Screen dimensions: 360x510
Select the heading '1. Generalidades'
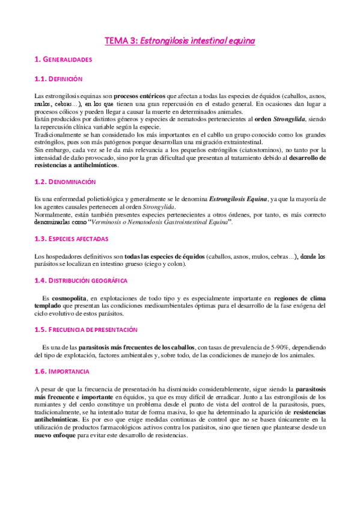coord(63,60)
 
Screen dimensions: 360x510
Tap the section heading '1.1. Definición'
coord(58,79)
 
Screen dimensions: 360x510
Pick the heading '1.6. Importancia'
coord(62,372)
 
